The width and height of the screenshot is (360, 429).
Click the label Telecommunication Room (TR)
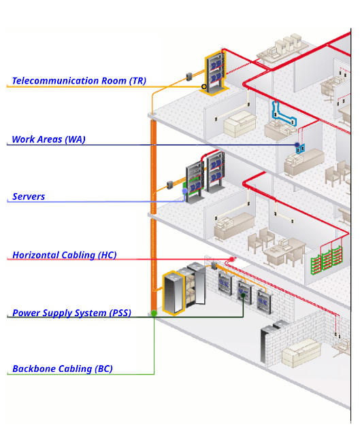(x=79, y=81)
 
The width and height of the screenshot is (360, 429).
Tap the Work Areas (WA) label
(x=49, y=139)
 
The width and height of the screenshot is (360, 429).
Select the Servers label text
(x=29, y=196)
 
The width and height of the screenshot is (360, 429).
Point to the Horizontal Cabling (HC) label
(x=65, y=255)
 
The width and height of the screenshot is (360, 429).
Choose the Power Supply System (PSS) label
(x=71, y=313)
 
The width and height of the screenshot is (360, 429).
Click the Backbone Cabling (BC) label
(x=63, y=368)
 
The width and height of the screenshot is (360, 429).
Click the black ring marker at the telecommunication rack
(x=203, y=87)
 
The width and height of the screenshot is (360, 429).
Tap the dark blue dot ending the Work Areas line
(x=297, y=144)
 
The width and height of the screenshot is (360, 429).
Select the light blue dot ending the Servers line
(x=185, y=190)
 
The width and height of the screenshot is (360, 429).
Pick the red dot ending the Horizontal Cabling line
(x=232, y=259)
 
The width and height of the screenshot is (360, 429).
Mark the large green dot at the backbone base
(x=154, y=313)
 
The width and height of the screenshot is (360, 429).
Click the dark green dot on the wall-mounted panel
(x=243, y=295)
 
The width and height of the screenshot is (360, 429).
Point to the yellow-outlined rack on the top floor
(x=215, y=73)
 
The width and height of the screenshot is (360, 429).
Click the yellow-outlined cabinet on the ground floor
(x=174, y=293)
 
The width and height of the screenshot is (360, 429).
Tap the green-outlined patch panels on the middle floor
(x=327, y=259)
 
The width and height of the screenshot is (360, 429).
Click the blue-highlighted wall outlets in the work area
(x=300, y=148)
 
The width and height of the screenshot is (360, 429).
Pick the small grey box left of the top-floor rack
(x=189, y=77)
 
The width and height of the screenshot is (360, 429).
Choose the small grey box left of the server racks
(x=169, y=185)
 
